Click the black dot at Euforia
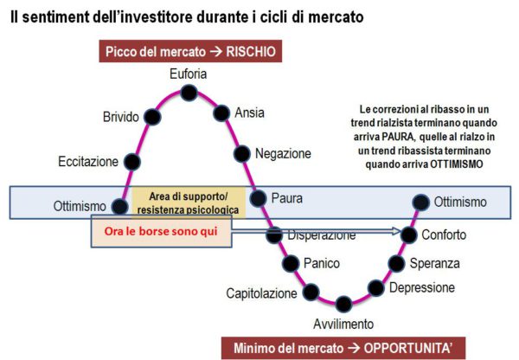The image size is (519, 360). tap(189, 93)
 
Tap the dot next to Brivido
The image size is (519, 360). tap(152, 117)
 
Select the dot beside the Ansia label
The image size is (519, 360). tap(221, 113)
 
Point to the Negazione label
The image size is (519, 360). tap(283, 154)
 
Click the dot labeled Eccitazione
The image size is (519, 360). tap(132, 162)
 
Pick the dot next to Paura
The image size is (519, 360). tap(258, 198)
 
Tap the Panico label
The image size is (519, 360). tap(322, 264)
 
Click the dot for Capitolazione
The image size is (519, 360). tap(311, 292)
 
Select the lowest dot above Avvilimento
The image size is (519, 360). tap(343, 304)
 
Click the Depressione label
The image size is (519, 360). tap(422, 287)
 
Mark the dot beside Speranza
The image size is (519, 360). tap(396, 264)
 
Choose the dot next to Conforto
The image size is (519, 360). tap(408, 235)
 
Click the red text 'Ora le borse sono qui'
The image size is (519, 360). tap(161, 231)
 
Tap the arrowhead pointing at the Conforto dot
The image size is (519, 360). tap(396, 231)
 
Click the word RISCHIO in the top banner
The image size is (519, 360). tap(251, 52)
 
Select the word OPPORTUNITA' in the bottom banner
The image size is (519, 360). tap(408, 348)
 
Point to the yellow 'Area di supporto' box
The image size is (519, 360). tap(189, 202)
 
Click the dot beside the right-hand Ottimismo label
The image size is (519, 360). tap(421, 202)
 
